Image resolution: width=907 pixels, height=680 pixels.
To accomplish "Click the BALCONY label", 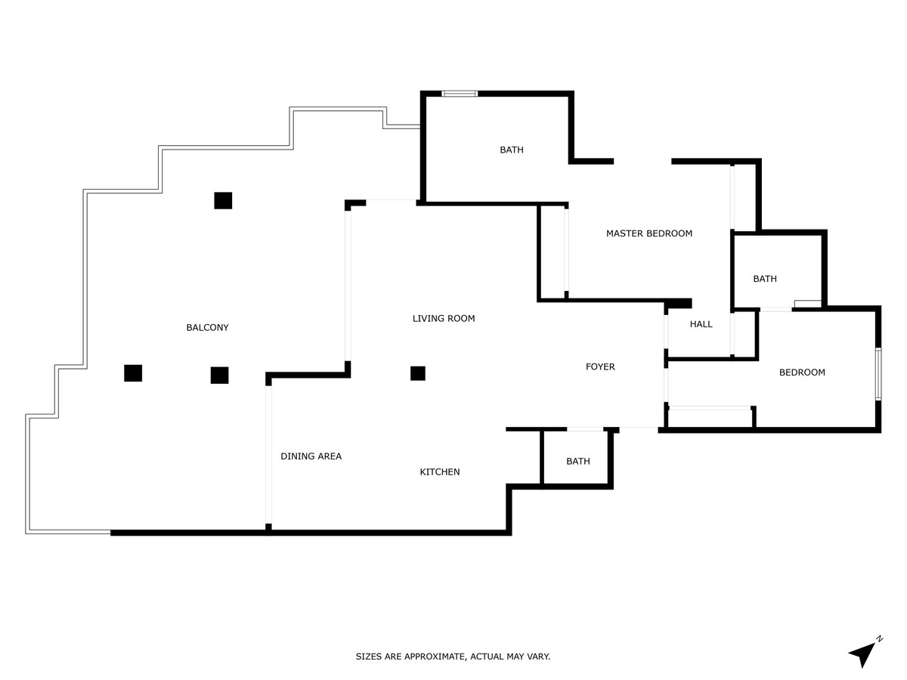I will click(207, 328).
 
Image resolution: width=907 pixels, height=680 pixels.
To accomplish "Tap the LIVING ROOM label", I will click(444, 319).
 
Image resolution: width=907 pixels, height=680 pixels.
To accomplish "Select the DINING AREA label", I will click(311, 456).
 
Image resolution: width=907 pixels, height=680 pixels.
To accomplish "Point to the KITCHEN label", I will click(440, 472).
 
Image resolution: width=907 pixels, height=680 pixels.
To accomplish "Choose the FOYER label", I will click(600, 367).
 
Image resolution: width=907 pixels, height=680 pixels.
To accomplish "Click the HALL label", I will click(701, 324).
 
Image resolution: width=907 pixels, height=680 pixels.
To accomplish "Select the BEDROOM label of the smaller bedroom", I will click(802, 372).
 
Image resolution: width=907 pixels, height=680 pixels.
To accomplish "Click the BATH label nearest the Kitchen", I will click(578, 462).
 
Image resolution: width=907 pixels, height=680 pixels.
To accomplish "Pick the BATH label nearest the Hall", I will click(764, 279).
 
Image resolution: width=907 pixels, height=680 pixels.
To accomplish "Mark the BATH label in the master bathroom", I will click(512, 150).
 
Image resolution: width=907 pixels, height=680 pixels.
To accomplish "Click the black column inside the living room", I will click(417, 373).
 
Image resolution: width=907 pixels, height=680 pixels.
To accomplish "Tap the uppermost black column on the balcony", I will click(223, 200).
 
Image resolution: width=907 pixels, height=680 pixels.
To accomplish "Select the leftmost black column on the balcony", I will click(133, 373).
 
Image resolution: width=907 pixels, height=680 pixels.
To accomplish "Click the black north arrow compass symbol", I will click(861, 654).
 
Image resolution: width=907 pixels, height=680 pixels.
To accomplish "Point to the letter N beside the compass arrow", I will click(879, 639).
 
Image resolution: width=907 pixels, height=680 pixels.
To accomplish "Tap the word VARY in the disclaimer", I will click(538, 657).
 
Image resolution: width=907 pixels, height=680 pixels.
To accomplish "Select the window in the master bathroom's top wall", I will click(460, 94).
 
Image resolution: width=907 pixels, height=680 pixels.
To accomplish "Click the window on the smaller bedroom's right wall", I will click(878, 373).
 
